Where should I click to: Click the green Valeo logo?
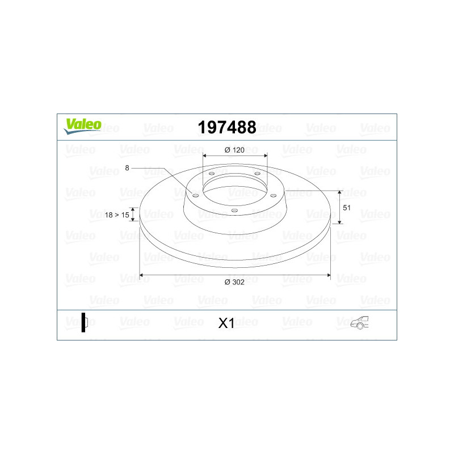click(82, 126)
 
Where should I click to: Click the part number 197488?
click(227, 127)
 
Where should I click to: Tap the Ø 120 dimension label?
click(234, 150)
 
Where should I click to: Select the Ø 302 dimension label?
click(234, 282)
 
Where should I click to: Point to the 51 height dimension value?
click(347, 208)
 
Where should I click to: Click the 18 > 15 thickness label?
click(117, 215)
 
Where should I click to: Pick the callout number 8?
click(127, 168)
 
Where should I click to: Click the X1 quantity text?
click(226, 323)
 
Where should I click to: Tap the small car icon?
click(360, 322)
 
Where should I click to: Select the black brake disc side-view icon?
click(84, 322)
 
